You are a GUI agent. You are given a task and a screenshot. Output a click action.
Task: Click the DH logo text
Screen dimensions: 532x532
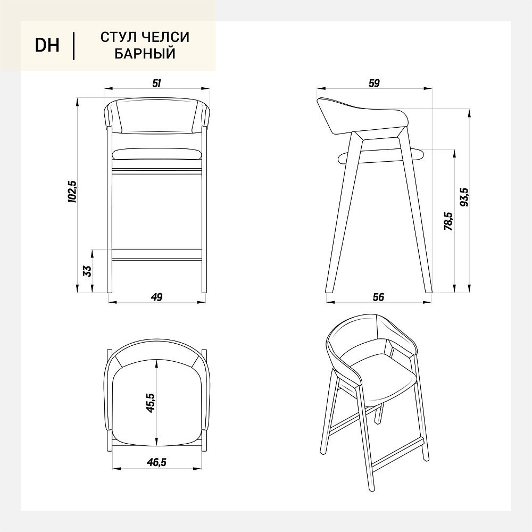47,45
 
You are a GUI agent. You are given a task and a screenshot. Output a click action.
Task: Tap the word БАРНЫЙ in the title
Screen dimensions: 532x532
145,54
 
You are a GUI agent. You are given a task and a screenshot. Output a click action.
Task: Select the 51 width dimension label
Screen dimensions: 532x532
156,83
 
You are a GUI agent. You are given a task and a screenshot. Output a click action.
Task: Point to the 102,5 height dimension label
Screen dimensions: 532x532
73,192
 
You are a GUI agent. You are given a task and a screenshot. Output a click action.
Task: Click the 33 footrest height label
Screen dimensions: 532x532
87,271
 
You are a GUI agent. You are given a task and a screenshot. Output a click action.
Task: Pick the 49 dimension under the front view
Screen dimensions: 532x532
156,297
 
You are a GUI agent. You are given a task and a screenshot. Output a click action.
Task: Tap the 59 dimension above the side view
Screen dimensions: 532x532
374,83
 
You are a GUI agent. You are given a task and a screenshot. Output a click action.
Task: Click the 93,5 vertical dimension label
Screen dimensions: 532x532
464,197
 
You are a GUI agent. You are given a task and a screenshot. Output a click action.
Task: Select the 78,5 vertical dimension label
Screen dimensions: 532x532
448,221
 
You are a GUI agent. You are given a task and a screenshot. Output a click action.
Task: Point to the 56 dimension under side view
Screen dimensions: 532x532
378,297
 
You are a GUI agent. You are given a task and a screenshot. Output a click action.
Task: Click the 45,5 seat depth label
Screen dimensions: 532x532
150,403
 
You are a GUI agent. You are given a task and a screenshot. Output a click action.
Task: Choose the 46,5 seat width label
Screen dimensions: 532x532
156,462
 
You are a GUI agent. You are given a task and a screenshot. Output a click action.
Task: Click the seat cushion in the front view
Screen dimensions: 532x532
157,154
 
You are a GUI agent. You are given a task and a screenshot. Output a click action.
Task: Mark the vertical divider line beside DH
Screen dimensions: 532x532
73,46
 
